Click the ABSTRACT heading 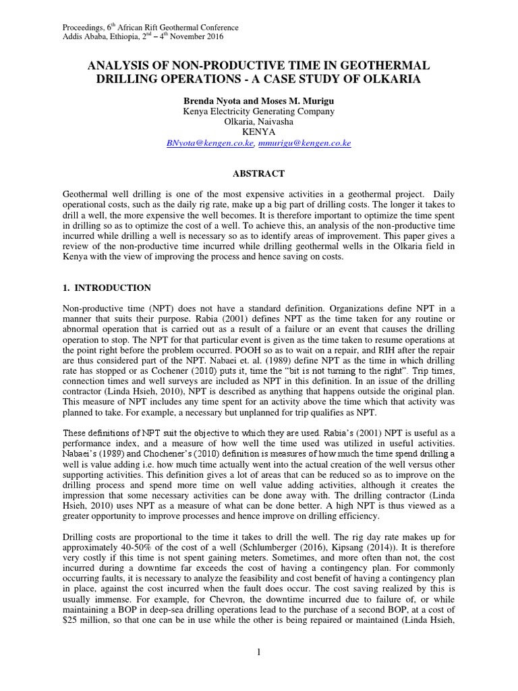[x=259, y=173]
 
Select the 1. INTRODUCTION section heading [x=106, y=287]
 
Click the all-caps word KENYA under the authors [x=259, y=133]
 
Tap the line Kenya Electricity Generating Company [x=259, y=111]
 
